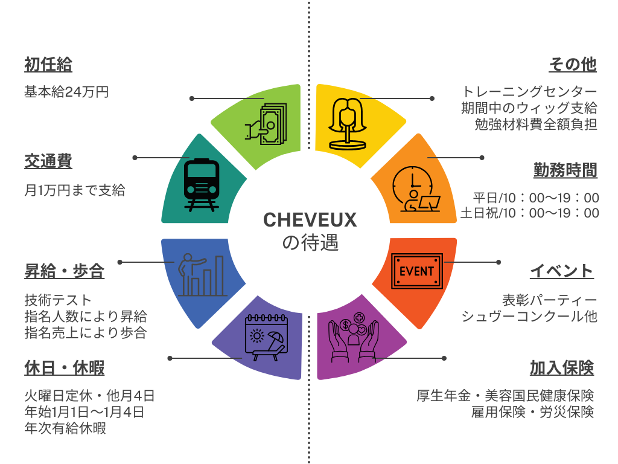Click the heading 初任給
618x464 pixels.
click(48, 64)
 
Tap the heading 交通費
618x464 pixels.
click(48, 161)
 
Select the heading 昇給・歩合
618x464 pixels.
click(64, 271)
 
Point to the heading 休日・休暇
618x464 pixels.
click(64, 368)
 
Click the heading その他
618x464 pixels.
click(573, 64)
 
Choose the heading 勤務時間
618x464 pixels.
click(565, 170)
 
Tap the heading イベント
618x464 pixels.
click(562, 271)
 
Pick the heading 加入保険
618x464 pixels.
click(562, 368)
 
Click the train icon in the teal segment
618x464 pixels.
click(202, 185)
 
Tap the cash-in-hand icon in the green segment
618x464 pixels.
click(266, 124)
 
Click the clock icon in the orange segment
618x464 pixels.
click(416, 189)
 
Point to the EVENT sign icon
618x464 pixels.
click(417, 271)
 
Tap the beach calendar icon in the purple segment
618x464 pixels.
click(266, 337)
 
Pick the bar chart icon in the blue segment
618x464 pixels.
click(202, 275)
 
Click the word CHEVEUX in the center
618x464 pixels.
click(310, 220)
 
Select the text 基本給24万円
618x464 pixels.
click(66, 92)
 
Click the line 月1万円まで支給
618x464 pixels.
click(74, 190)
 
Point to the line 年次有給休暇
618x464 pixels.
click(65, 428)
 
